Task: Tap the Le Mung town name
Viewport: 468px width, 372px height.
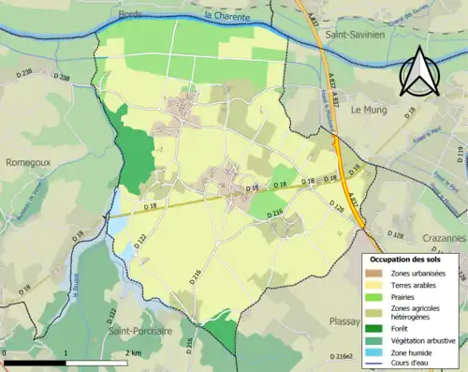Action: (368, 109)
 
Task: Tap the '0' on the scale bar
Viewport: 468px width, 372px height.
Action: (6, 352)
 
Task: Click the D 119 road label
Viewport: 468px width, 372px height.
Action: (460, 153)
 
